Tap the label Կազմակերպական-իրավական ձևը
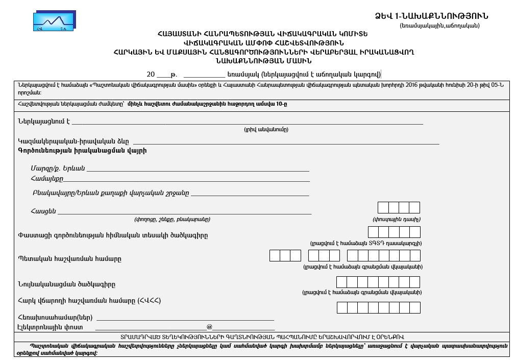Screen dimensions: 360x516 pyautogui.click(x=73, y=141)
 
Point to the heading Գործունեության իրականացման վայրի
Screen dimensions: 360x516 pyautogui.click(x=82, y=151)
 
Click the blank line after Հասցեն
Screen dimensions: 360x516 pyautogui.click(x=184, y=212)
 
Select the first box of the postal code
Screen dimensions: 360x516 pyautogui.click(x=383, y=207)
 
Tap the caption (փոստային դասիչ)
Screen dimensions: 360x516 pyautogui.click(x=397, y=220)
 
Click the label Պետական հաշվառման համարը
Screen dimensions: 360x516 pyautogui.click(x=69, y=258)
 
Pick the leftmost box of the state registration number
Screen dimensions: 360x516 pyautogui.click(x=275, y=255)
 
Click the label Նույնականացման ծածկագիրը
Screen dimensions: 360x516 pyautogui.click(x=66, y=284)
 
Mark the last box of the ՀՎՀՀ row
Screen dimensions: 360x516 pyautogui.click(x=414, y=307)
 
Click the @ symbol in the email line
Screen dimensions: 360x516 pyautogui.click(x=209, y=327)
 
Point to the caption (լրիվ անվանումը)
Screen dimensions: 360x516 pyautogui.click(x=266, y=130)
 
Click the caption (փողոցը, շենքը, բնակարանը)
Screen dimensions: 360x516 pyautogui.click(x=172, y=220)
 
